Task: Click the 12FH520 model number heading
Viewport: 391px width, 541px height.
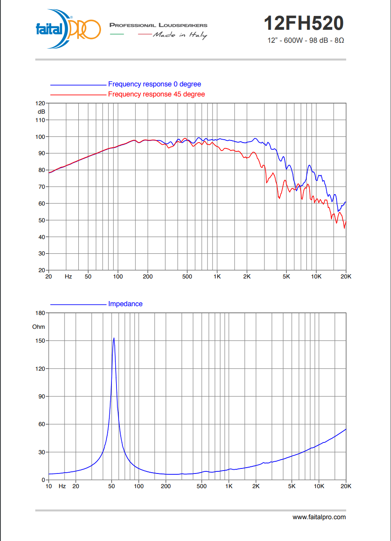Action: pos(304,23)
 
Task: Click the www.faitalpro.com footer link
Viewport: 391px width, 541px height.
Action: pos(319,517)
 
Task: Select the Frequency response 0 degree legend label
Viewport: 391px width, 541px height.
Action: pos(154,84)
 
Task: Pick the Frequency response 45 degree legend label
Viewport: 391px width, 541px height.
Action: pos(156,94)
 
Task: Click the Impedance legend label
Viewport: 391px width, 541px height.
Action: pos(125,304)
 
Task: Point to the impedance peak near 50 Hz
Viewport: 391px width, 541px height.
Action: pos(114,339)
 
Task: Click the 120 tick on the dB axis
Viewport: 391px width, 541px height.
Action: pos(40,103)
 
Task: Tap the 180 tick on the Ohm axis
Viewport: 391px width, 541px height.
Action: pos(40,313)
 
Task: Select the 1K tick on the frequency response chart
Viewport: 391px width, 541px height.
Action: pos(217,276)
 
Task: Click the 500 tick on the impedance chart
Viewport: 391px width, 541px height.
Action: pos(202,486)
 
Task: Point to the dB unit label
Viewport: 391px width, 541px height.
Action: pos(41,112)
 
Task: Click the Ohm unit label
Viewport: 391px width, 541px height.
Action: pos(39,327)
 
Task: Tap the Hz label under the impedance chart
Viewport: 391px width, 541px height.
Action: pos(62,486)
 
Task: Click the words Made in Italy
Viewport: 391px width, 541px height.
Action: pos(180,35)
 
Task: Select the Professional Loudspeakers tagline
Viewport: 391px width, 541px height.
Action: pos(158,25)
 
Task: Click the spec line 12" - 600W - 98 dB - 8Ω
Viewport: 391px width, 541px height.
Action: pos(306,40)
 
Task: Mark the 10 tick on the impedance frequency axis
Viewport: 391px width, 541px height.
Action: pos(49,486)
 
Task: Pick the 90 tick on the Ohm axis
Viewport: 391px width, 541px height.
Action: pos(41,396)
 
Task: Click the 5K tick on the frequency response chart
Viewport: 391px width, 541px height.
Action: pos(286,276)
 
